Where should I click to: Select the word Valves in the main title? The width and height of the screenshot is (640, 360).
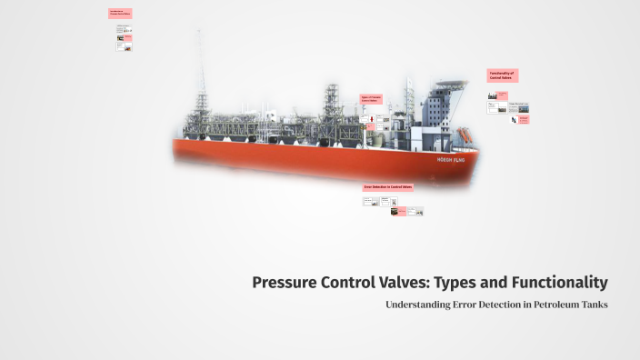point(420,282)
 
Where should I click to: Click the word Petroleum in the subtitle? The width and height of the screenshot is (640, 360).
point(550,305)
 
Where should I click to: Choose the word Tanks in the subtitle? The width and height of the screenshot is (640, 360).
point(593,305)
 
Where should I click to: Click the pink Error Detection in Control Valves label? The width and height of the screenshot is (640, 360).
point(388,186)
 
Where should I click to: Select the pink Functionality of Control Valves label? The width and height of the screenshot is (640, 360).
point(502,76)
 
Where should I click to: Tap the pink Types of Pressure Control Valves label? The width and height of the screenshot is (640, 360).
point(371,99)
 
